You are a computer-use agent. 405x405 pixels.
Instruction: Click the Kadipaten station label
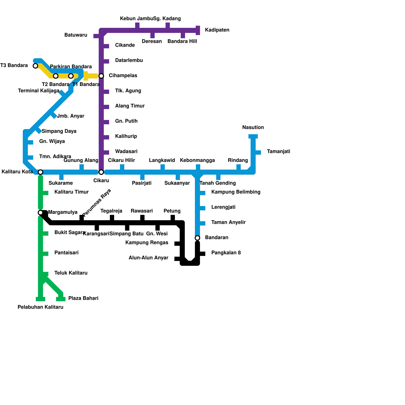[x=217, y=30]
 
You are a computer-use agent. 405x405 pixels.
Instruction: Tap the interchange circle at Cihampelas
[x=101, y=76]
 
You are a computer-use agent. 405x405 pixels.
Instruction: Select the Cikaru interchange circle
[x=101, y=172]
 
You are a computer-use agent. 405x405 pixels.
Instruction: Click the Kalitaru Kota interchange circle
[x=40, y=172]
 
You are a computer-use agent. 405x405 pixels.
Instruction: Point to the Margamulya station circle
[x=40, y=212]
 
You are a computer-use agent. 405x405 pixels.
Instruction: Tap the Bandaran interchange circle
[x=197, y=238]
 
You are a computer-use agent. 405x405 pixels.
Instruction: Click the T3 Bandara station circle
[x=35, y=66]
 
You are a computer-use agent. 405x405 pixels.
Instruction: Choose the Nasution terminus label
[x=253, y=127]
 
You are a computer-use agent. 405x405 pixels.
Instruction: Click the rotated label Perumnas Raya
[x=97, y=203]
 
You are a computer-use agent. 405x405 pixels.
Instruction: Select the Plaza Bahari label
[x=83, y=298]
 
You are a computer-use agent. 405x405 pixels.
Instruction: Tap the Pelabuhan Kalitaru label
[x=40, y=307]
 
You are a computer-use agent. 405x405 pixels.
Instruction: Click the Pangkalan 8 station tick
[x=202, y=254]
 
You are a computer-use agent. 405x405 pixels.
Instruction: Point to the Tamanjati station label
[x=278, y=152]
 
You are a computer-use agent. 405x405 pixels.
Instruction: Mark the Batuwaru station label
[x=76, y=35]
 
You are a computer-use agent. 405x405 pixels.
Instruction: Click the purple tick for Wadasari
[x=106, y=152]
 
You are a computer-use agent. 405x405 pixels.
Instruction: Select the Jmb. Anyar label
[x=71, y=116]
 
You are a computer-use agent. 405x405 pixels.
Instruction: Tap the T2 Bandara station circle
[x=56, y=76]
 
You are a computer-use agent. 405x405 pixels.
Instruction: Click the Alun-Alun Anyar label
[x=148, y=258]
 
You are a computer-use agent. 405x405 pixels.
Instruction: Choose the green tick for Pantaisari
[x=45, y=254]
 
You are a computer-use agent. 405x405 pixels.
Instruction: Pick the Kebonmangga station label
[x=197, y=160]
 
